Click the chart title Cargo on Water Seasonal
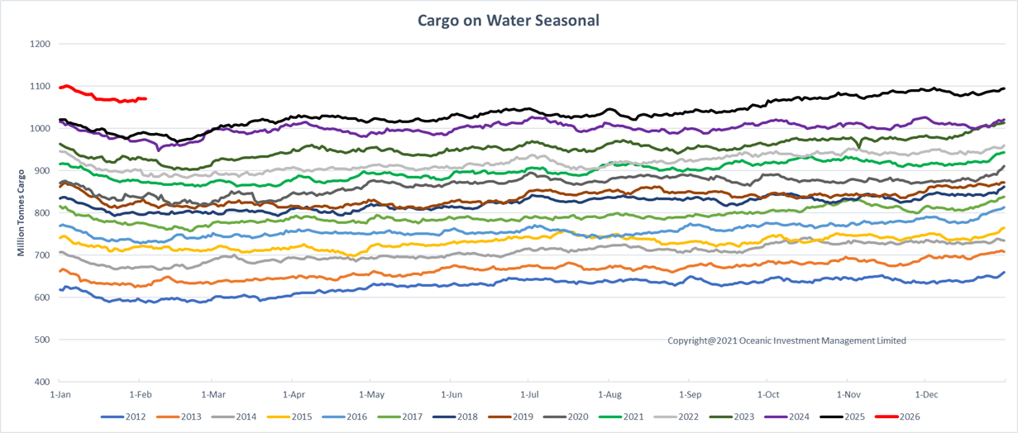(x=509, y=20)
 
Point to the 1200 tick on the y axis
(x=40, y=44)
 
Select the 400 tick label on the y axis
(x=42, y=382)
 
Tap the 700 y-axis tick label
(x=42, y=255)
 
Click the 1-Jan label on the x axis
(x=59, y=395)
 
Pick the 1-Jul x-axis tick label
(x=530, y=395)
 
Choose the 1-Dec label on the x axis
(x=925, y=395)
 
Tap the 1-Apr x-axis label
(x=293, y=395)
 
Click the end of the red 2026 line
(x=146, y=99)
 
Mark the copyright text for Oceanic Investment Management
(x=786, y=340)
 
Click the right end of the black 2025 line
(x=1004, y=88)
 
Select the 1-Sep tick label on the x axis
(x=690, y=395)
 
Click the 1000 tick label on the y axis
(x=40, y=129)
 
